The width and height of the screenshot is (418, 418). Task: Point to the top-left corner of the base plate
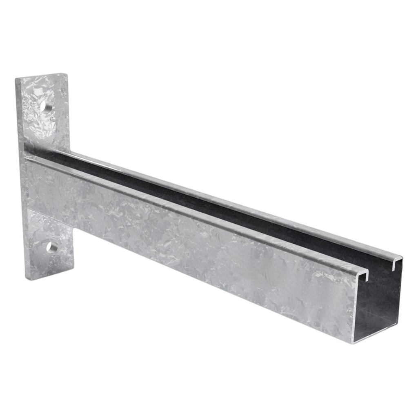coord(15,78)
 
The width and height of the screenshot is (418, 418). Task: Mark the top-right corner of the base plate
coord(67,73)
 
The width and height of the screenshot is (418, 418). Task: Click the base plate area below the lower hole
coord(51,265)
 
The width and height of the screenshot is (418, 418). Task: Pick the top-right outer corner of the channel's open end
coord(402,257)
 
